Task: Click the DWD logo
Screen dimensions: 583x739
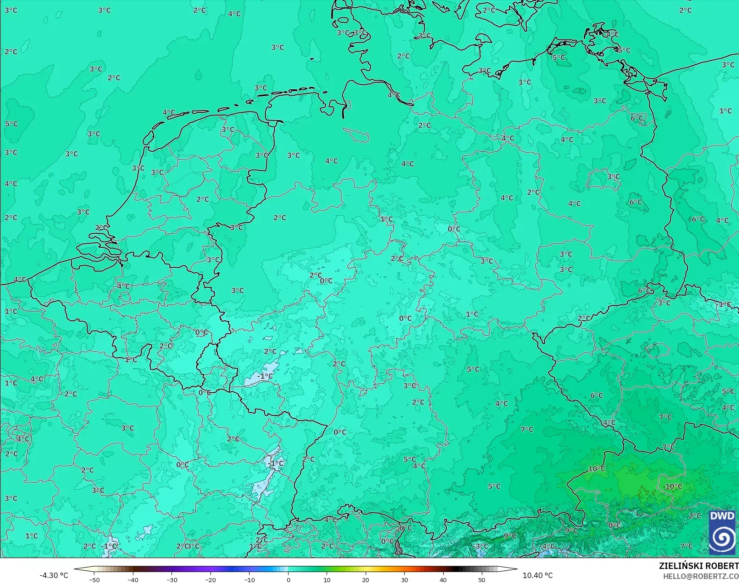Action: coord(722,532)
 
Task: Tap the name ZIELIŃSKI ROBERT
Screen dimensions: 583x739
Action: coord(699,566)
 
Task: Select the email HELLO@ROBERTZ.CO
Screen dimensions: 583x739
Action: coord(701,576)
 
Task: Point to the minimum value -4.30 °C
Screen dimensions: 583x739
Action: coord(54,575)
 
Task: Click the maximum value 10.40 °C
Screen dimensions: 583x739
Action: coord(538,575)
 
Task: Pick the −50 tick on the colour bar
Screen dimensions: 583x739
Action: coord(94,579)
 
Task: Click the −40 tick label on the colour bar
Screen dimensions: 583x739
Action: coord(133,579)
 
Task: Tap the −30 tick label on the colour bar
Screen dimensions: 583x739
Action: coord(172,579)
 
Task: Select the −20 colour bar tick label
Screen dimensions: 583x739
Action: coord(210,579)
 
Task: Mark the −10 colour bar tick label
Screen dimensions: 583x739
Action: coord(250,579)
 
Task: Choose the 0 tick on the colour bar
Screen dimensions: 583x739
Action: coord(288,579)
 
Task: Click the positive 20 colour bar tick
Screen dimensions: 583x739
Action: coord(366,579)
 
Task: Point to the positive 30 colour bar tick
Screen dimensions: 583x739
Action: coord(404,579)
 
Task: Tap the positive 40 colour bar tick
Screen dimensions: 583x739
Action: coord(443,579)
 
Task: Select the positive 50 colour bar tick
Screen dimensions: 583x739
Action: coord(482,579)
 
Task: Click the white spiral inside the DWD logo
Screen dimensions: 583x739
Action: coord(722,539)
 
